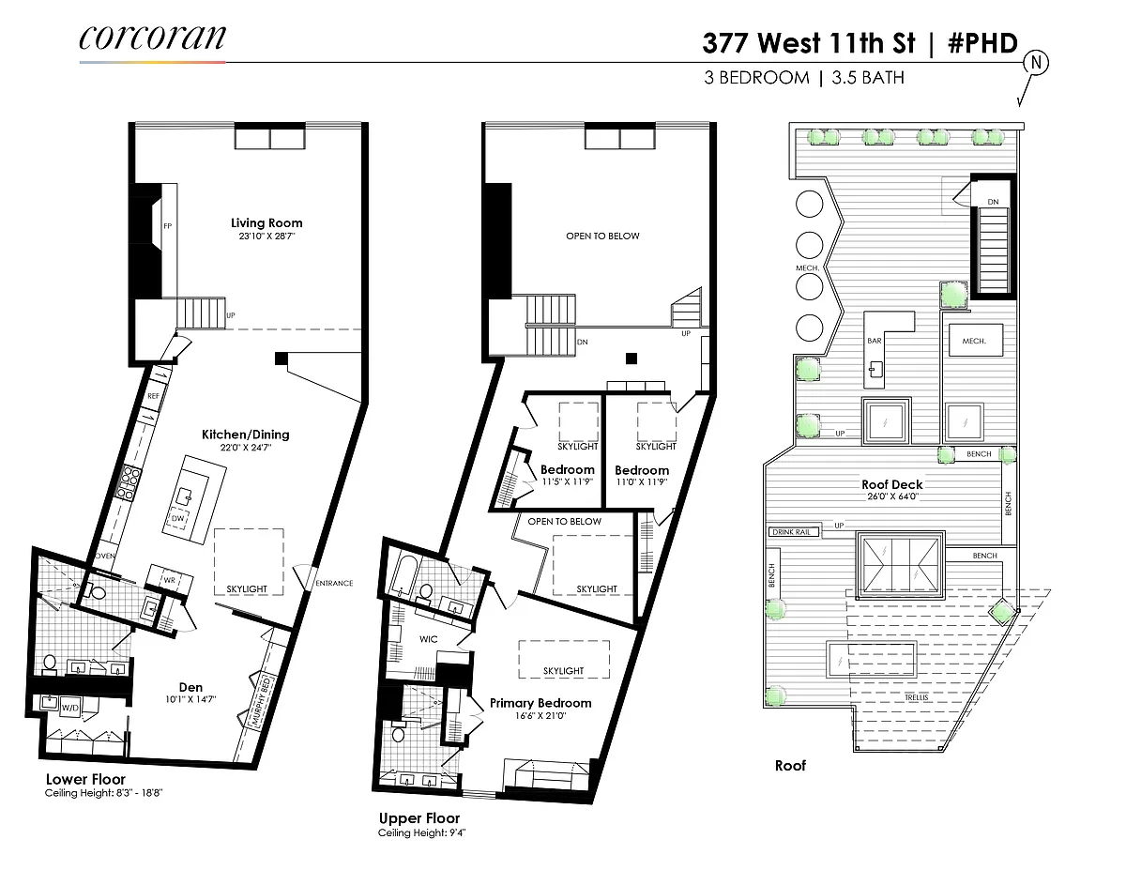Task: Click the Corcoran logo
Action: point(152,38)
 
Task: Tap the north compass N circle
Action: point(1036,63)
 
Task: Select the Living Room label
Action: point(266,222)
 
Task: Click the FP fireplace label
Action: point(167,226)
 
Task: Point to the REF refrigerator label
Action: point(153,396)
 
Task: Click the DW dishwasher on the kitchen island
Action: point(177,518)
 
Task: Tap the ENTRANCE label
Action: point(334,583)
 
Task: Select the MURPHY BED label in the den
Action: point(261,700)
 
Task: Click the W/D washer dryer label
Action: point(70,708)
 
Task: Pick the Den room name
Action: point(190,687)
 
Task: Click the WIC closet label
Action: point(429,639)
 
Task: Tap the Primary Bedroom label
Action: point(540,703)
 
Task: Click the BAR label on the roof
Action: point(875,341)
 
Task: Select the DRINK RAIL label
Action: point(792,531)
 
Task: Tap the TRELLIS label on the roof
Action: point(916,697)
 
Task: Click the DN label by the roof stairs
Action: point(993,202)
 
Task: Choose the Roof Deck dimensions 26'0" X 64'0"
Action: point(892,496)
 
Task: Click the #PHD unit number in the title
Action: point(983,42)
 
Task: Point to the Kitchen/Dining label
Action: point(246,435)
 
